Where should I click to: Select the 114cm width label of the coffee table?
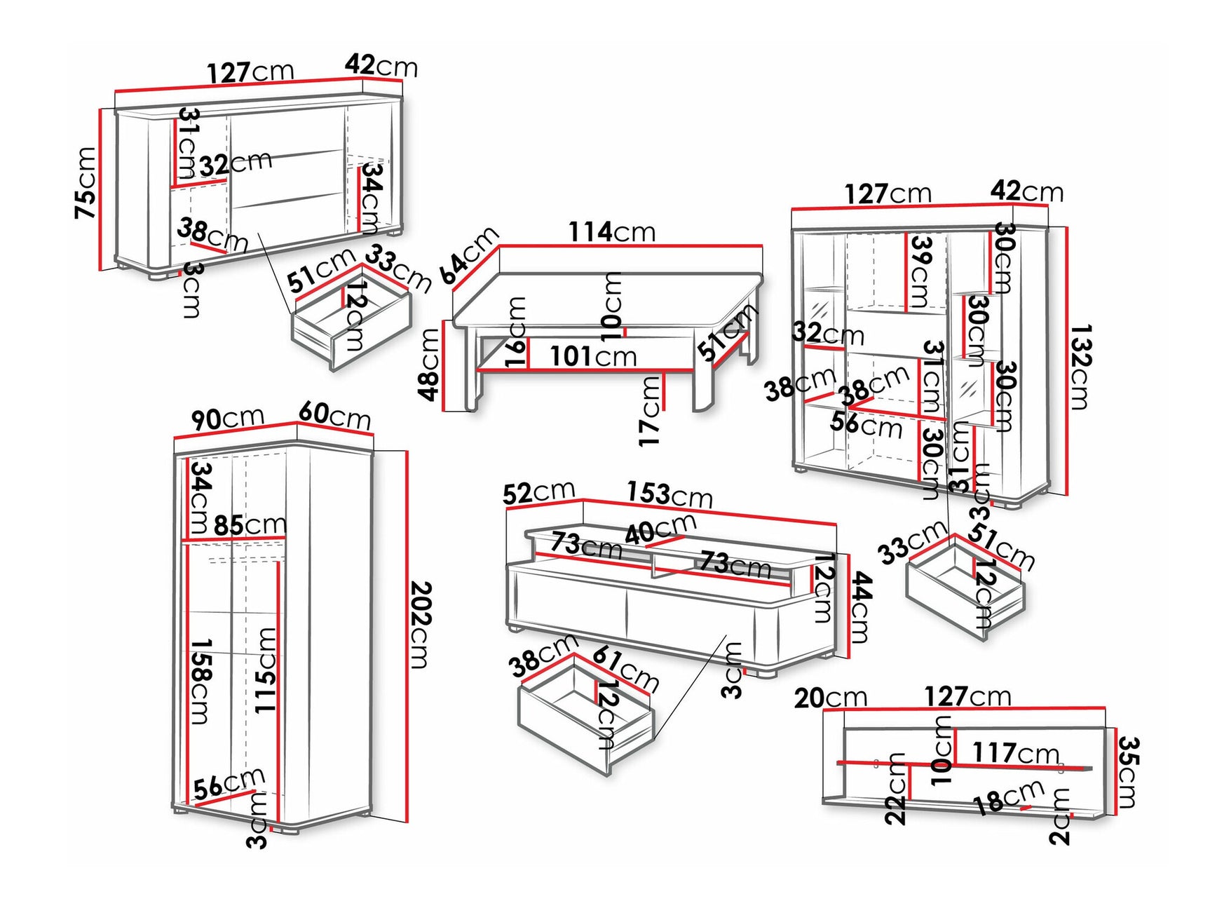coord(611,231)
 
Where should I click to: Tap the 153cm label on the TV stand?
coord(669,494)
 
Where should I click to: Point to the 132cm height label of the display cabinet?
coord(1080,366)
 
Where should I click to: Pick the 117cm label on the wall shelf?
coord(1014,753)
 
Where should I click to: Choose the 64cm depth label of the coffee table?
coord(469,255)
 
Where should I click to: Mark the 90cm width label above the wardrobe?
coord(227,419)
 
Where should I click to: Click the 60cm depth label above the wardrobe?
coord(334,415)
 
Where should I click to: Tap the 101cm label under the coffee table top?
coord(592,356)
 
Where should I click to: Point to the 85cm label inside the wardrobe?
coord(250,524)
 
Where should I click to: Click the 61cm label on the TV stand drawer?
coord(625,668)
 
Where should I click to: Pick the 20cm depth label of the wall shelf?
coord(830,698)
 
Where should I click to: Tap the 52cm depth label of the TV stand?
coord(538,492)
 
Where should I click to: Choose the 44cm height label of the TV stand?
coord(860,607)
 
